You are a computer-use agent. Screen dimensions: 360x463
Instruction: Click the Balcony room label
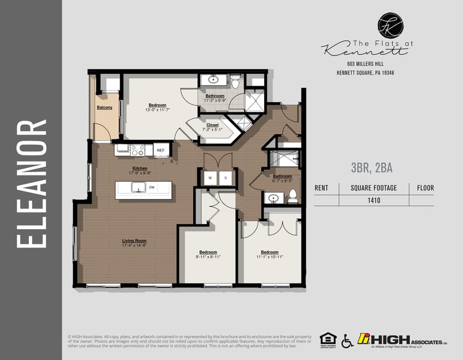(x=104, y=107)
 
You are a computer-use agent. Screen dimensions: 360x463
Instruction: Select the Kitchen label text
(x=141, y=169)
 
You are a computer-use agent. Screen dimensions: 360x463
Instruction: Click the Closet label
(x=212, y=125)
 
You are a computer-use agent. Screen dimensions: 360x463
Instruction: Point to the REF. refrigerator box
(x=161, y=150)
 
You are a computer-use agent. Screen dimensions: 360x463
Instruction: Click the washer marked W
(x=210, y=178)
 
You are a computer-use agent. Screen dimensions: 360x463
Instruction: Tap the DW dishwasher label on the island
(x=151, y=187)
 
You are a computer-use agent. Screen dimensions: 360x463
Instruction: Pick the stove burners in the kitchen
(x=138, y=150)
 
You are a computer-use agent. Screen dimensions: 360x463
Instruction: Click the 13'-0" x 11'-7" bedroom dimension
(x=157, y=109)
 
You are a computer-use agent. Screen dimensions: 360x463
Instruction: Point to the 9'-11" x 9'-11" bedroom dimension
(x=208, y=257)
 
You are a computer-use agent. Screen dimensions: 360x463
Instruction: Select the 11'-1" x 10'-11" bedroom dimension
(x=270, y=257)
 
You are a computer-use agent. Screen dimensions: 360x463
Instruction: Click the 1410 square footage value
(x=374, y=200)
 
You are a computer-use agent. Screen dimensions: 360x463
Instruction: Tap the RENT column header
(x=321, y=187)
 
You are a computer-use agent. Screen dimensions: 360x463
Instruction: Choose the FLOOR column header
(x=425, y=187)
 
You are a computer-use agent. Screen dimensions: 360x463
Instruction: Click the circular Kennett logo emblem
(x=390, y=26)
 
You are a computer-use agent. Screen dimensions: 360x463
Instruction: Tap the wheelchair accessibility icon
(x=347, y=341)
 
